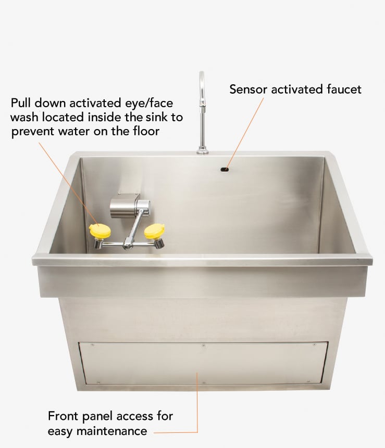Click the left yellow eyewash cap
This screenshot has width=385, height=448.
point(100,231)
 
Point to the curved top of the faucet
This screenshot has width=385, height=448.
point(202,78)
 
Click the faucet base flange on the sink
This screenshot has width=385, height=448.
point(202,151)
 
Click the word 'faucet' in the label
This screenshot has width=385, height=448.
point(343,89)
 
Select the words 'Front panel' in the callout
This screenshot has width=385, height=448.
point(78,416)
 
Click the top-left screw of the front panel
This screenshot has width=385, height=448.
point(92,344)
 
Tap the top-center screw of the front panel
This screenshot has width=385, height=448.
point(203,345)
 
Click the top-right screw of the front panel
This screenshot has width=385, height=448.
point(314,344)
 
